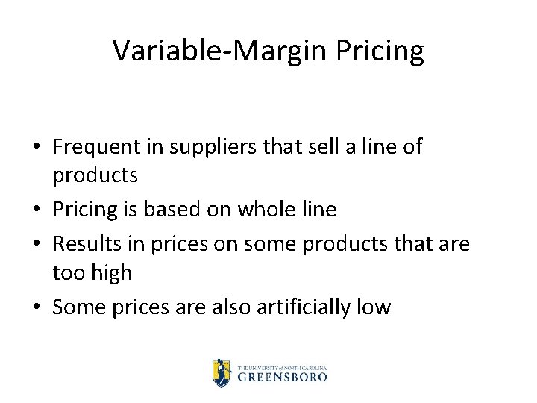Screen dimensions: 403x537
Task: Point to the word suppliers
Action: (x=216, y=147)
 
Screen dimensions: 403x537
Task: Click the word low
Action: (x=374, y=306)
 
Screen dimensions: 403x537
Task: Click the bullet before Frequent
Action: (x=37, y=148)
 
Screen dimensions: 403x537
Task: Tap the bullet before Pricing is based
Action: (x=37, y=210)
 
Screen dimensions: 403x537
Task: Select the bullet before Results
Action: (x=37, y=243)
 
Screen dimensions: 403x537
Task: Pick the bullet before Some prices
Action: (x=37, y=307)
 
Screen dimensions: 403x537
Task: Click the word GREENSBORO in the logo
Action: (x=282, y=377)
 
